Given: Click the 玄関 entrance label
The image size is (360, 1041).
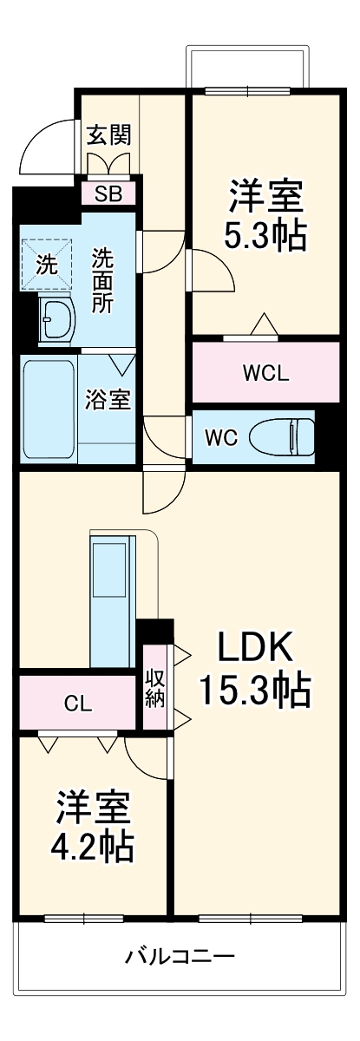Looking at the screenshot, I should [109, 134].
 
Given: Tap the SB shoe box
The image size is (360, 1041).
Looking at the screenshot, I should [109, 193].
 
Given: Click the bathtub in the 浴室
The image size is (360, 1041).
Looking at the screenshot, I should [49, 410].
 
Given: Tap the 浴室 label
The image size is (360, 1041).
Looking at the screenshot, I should [108, 400].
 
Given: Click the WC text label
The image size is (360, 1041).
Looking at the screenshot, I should [220, 437].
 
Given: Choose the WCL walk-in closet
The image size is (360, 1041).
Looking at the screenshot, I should [265, 374].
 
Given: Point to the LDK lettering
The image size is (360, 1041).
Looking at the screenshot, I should [255, 646].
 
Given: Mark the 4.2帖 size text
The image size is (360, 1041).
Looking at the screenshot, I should [95, 847].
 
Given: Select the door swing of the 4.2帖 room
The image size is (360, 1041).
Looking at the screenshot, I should [143, 755].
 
